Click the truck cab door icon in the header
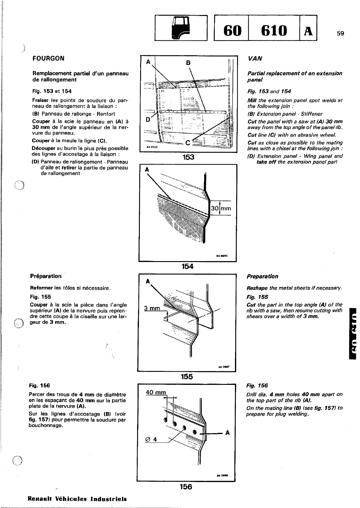181,28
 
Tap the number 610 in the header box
274,30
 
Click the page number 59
340,34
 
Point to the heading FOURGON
48,58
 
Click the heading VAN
255,59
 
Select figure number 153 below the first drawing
188,157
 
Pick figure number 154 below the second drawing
187,266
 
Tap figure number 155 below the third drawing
187,376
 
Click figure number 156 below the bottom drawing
186,487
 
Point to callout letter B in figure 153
188,63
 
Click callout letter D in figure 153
148,119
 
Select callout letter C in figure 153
188,142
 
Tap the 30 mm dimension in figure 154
221,208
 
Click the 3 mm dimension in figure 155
152,308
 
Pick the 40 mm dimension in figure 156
156,392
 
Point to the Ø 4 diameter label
151,439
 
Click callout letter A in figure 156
227,433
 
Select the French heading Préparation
46,276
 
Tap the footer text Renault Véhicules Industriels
77,499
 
